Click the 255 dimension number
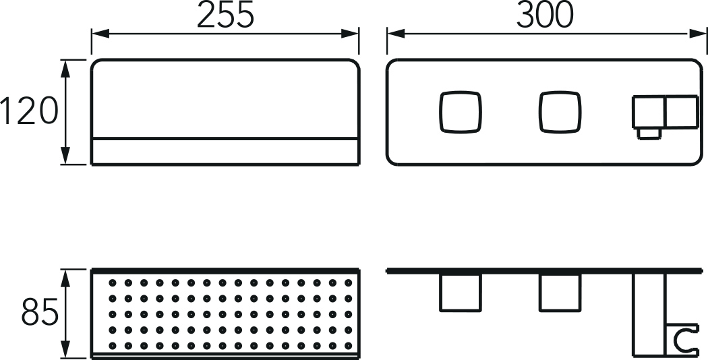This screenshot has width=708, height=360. click(225, 15)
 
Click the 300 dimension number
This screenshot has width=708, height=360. click(545, 15)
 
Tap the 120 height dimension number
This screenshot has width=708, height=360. click(30, 111)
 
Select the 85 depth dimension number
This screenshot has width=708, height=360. click(40, 311)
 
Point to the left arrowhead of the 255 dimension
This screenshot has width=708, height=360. click(100, 34)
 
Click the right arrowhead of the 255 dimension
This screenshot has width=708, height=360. click(350, 34)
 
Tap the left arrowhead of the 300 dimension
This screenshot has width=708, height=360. click(396, 34)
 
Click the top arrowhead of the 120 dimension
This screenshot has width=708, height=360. click(66, 69)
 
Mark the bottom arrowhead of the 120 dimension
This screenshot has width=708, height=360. click(66, 155)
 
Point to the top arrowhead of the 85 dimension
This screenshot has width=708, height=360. click(66, 278)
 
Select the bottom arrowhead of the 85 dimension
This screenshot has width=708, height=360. click(66, 349)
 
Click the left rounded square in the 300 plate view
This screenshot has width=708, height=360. click(460, 112)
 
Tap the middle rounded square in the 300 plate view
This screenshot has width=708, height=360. click(560, 112)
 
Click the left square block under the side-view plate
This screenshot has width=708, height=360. click(460, 293)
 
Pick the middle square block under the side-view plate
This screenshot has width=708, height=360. click(560, 293)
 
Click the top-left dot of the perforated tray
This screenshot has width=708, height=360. click(113, 282)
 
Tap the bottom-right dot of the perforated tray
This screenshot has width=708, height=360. click(348, 346)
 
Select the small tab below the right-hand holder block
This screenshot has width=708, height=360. click(649, 133)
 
